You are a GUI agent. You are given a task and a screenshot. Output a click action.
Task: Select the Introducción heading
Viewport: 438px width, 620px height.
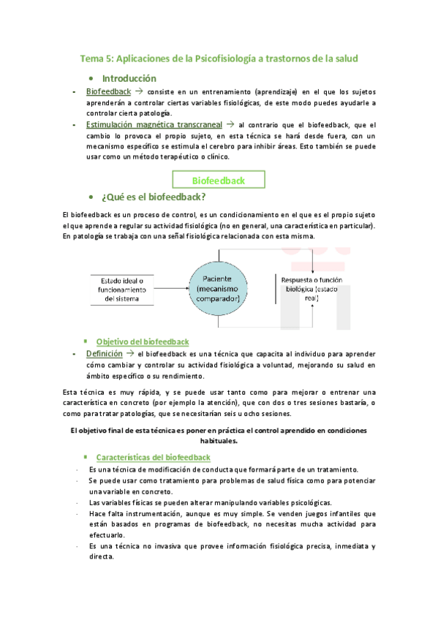129,78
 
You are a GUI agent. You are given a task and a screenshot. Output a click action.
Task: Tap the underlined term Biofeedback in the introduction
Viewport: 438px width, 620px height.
108,92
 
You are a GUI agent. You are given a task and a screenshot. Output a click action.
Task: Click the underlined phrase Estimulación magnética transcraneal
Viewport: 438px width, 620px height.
159,125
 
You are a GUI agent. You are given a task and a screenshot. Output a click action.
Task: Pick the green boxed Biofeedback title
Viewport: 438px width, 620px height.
218,180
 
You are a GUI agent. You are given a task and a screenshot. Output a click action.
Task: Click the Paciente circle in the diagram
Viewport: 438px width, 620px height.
218,286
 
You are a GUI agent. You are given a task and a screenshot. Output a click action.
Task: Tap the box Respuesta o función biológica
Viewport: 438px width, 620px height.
310,287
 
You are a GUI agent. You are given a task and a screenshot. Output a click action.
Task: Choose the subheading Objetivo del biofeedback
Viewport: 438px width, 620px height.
143,341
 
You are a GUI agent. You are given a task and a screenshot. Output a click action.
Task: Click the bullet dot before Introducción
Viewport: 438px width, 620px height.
90,79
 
